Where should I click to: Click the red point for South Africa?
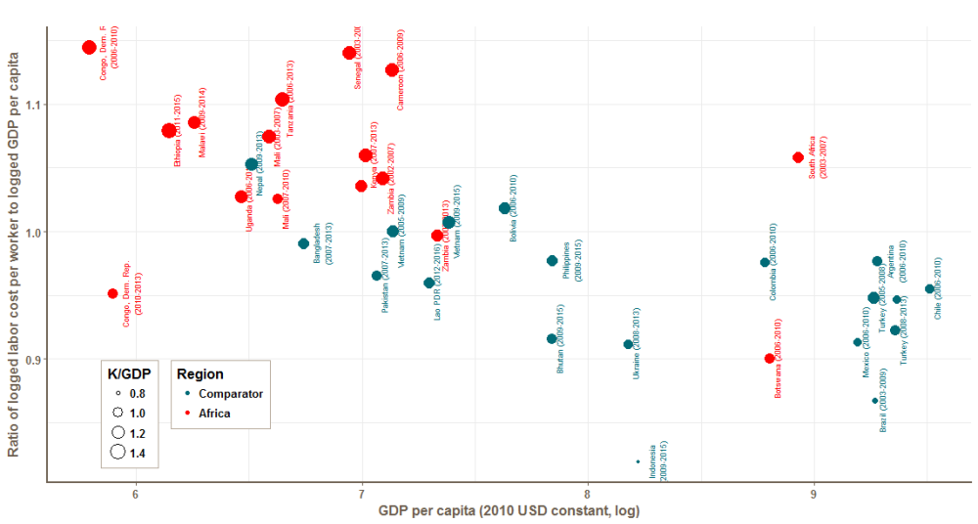[x=798, y=157]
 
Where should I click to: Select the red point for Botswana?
[x=770, y=359]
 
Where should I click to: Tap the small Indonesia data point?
[x=638, y=461]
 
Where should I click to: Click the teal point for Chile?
[x=929, y=289]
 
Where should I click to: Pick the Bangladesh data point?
[x=303, y=243]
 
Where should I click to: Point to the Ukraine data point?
[x=628, y=344]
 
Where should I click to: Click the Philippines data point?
[x=553, y=261]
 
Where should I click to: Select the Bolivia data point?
[x=505, y=208]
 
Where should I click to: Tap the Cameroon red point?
[x=392, y=69]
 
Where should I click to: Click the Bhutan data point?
[x=552, y=339]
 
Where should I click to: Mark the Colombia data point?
[x=765, y=262]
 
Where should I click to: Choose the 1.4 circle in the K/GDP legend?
[x=117, y=452]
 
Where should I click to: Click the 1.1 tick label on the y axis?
[x=30, y=105]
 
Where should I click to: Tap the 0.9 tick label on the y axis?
[x=30, y=360]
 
